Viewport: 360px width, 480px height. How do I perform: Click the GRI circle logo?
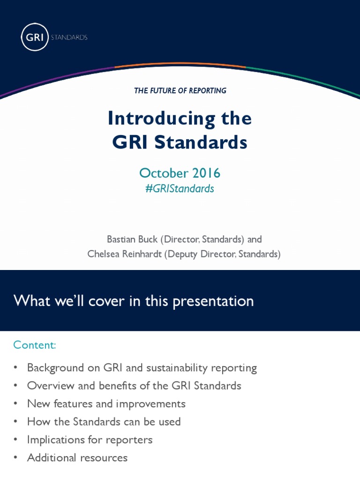pyautogui.click(x=35, y=37)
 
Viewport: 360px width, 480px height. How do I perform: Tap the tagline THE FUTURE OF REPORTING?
pyautogui.click(x=180, y=91)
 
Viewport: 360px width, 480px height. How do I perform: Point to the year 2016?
pyautogui.click(x=205, y=173)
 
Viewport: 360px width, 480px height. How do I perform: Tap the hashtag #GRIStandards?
pyautogui.click(x=180, y=188)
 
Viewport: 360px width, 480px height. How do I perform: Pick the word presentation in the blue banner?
pyautogui.click(x=213, y=301)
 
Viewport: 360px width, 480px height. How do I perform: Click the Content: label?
pyautogui.click(x=35, y=345)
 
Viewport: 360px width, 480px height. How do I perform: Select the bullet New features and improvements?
pyautogui.click(x=106, y=404)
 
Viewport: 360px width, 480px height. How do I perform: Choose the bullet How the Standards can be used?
pyautogui.click(x=104, y=421)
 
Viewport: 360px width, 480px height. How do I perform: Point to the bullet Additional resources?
pyautogui.click(x=77, y=457)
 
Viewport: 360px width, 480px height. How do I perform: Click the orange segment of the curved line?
pyautogui.click(x=180, y=65)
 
